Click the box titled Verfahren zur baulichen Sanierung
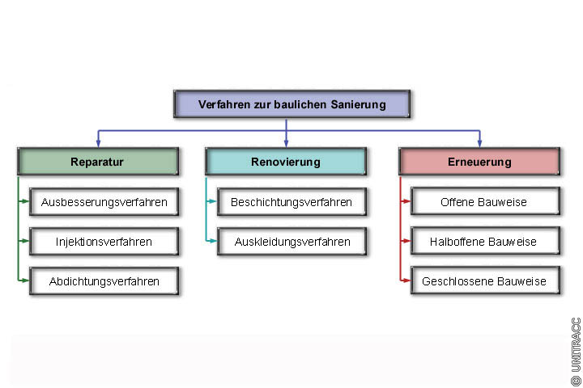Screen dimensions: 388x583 coord(291,104)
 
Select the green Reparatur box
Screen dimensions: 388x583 coord(97,162)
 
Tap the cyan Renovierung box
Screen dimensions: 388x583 coord(286,162)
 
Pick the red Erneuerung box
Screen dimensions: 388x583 coord(479,162)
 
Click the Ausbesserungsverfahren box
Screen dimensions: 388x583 coord(104,202)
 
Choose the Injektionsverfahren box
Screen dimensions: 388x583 coord(104,241)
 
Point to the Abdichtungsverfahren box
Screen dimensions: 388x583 coord(104,281)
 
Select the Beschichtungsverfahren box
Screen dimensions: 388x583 coord(291,202)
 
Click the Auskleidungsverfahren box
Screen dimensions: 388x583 coord(291,241)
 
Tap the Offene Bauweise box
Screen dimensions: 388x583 coord(484,202)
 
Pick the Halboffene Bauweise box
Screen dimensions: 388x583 coord(484,241)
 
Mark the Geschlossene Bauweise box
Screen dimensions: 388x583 coord(484,281)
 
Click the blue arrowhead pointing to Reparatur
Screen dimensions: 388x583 coord(98,143)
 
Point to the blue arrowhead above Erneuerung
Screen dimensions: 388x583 coord(479,143)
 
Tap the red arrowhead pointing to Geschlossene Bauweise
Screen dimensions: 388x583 coord(406,281)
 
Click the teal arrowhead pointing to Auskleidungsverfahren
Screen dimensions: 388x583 coord(213,241)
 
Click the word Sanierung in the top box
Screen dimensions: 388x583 coord(357,104)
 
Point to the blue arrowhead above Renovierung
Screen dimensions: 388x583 coord(286,143)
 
